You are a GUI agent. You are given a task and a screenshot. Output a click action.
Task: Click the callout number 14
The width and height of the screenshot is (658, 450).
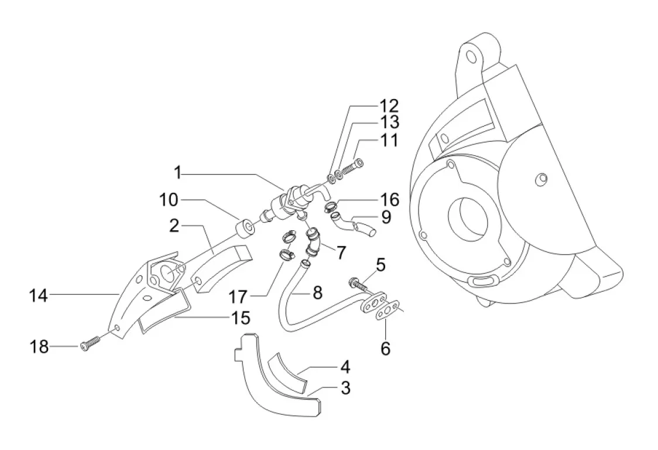[38, 296]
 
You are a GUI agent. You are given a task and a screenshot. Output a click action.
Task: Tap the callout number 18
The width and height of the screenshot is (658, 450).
[38, 347]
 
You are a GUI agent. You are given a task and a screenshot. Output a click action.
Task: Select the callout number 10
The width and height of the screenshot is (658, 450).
[168, 200]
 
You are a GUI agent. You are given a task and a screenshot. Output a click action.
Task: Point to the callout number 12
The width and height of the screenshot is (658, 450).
[389, 105]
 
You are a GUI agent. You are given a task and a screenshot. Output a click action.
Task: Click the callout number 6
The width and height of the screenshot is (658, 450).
[385, 348]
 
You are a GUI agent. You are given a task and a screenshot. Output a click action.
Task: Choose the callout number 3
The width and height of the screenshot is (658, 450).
[345, 388]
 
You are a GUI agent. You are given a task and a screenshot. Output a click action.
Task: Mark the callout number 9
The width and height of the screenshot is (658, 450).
[386, 217]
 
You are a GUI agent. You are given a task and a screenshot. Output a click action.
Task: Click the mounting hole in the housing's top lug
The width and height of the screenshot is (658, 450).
[472, 57]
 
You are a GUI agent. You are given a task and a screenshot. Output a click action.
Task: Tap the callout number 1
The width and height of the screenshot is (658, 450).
[178, 173]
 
